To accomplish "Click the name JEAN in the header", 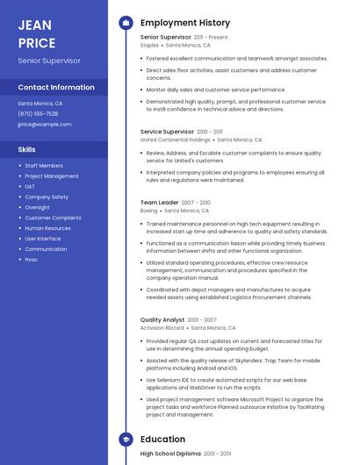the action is pos(35,25).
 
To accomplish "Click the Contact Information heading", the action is pos(56,87).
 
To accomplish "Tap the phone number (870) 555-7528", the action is pos(38,113).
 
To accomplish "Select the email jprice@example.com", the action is pos(45,124).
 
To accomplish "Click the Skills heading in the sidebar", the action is pos(27,149).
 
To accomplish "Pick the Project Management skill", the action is pos(52,175).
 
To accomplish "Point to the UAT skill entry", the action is pos(30,186).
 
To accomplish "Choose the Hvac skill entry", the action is pos(32,259).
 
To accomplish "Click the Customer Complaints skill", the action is pos(54,218).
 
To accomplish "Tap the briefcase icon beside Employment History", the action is pos(125,22).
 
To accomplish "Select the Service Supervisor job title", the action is pos(167,132).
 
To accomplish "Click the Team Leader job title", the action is pos(159,203).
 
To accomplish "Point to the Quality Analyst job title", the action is pos(162,320).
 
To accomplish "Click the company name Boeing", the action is pos(148,211).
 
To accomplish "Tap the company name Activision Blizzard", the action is pos(162,328).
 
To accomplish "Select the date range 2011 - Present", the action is pos(211,38).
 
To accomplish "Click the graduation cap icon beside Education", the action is pos(125,439).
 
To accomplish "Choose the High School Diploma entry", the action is pos(170,454).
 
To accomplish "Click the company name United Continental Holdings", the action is pos(176,139).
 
